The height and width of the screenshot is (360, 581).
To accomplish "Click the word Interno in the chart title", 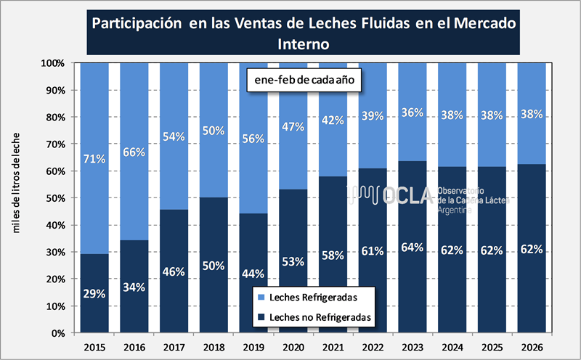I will coord(304,44).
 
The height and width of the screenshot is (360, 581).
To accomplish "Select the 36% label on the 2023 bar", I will coord(413,112).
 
